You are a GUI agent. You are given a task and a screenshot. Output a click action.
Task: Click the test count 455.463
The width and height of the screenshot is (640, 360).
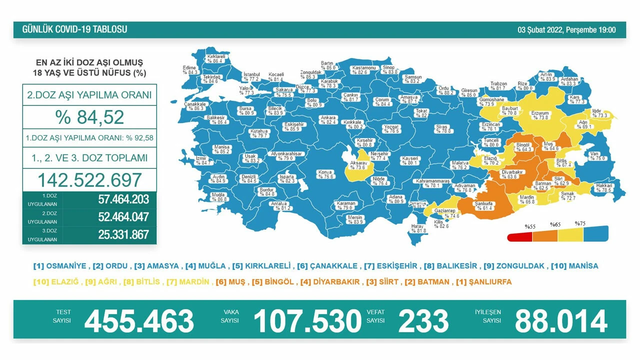[139, 321]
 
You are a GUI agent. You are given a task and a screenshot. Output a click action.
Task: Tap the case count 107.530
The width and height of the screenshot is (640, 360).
[307, 321]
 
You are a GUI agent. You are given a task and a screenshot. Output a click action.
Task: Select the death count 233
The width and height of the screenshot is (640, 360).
[423, 321]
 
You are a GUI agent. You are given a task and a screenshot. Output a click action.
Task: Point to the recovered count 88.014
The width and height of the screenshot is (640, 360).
[560, 321]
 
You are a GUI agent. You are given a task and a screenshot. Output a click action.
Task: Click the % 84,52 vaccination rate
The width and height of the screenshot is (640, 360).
[89, 117]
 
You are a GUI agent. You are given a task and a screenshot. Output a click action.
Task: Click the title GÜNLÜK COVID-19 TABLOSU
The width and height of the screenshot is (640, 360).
[74, 29]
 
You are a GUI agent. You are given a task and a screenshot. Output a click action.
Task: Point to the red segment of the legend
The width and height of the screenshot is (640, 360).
[520, 237]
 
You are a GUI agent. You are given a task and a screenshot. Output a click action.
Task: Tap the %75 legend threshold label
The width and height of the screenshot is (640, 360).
[580, 223]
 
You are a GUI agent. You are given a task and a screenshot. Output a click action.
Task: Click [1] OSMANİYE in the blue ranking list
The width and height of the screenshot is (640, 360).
[60, 266]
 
